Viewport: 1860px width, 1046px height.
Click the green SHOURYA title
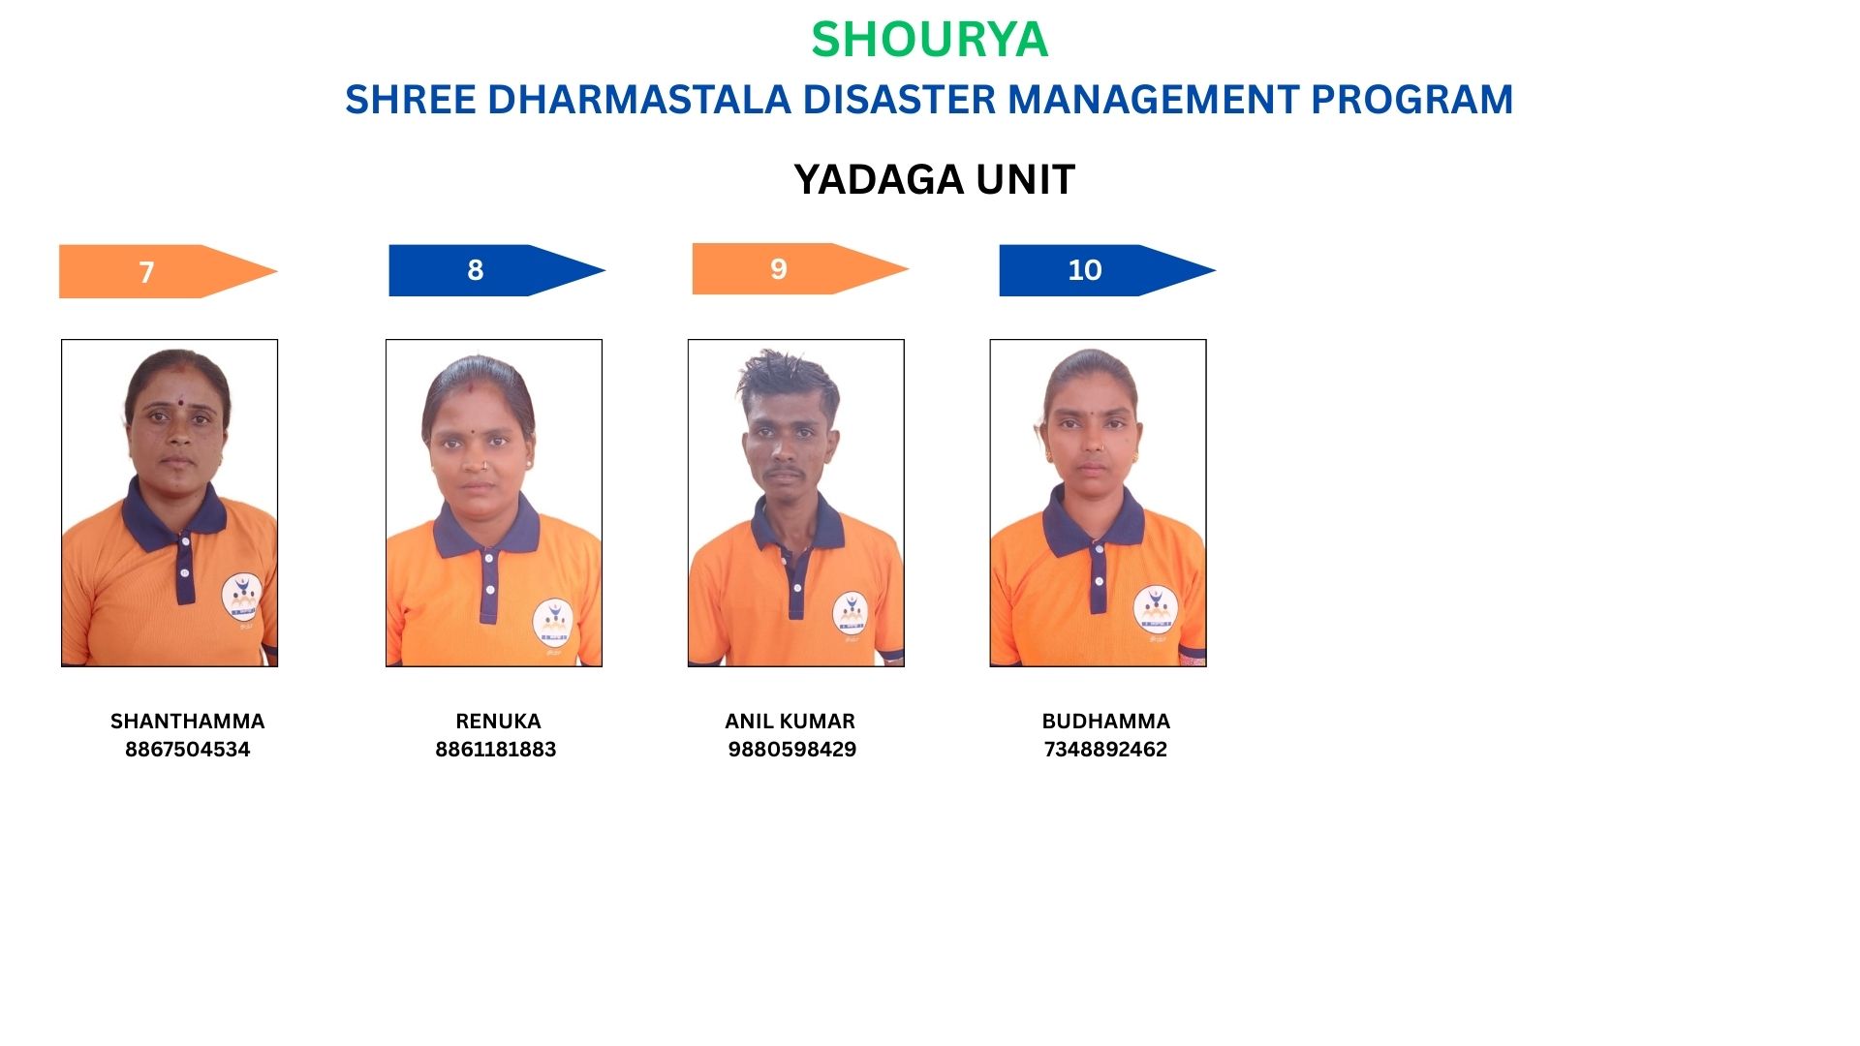(929, 40)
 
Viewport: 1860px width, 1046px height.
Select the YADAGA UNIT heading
(934, 179)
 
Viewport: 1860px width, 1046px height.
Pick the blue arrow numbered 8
(497, 270)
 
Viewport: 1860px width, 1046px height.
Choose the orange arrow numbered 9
(800, 268)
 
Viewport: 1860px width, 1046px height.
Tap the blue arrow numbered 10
(1107, 270)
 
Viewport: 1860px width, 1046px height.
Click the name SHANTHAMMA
(187, 722)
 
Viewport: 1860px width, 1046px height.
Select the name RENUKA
(498, 722)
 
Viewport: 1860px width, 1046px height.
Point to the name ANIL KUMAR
(790, 722)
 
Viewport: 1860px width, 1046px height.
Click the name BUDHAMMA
(1105, 722)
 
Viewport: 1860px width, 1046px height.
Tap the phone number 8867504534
(187, 750)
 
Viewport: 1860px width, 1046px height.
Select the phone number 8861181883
(495, 750)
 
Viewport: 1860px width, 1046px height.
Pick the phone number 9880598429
(791, 750)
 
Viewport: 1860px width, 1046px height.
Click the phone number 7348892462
(1105, 750)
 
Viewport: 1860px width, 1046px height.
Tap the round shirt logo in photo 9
(851, 613)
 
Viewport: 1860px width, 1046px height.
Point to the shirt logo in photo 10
(1155, 608)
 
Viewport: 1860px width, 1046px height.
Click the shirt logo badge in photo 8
(553, 622)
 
